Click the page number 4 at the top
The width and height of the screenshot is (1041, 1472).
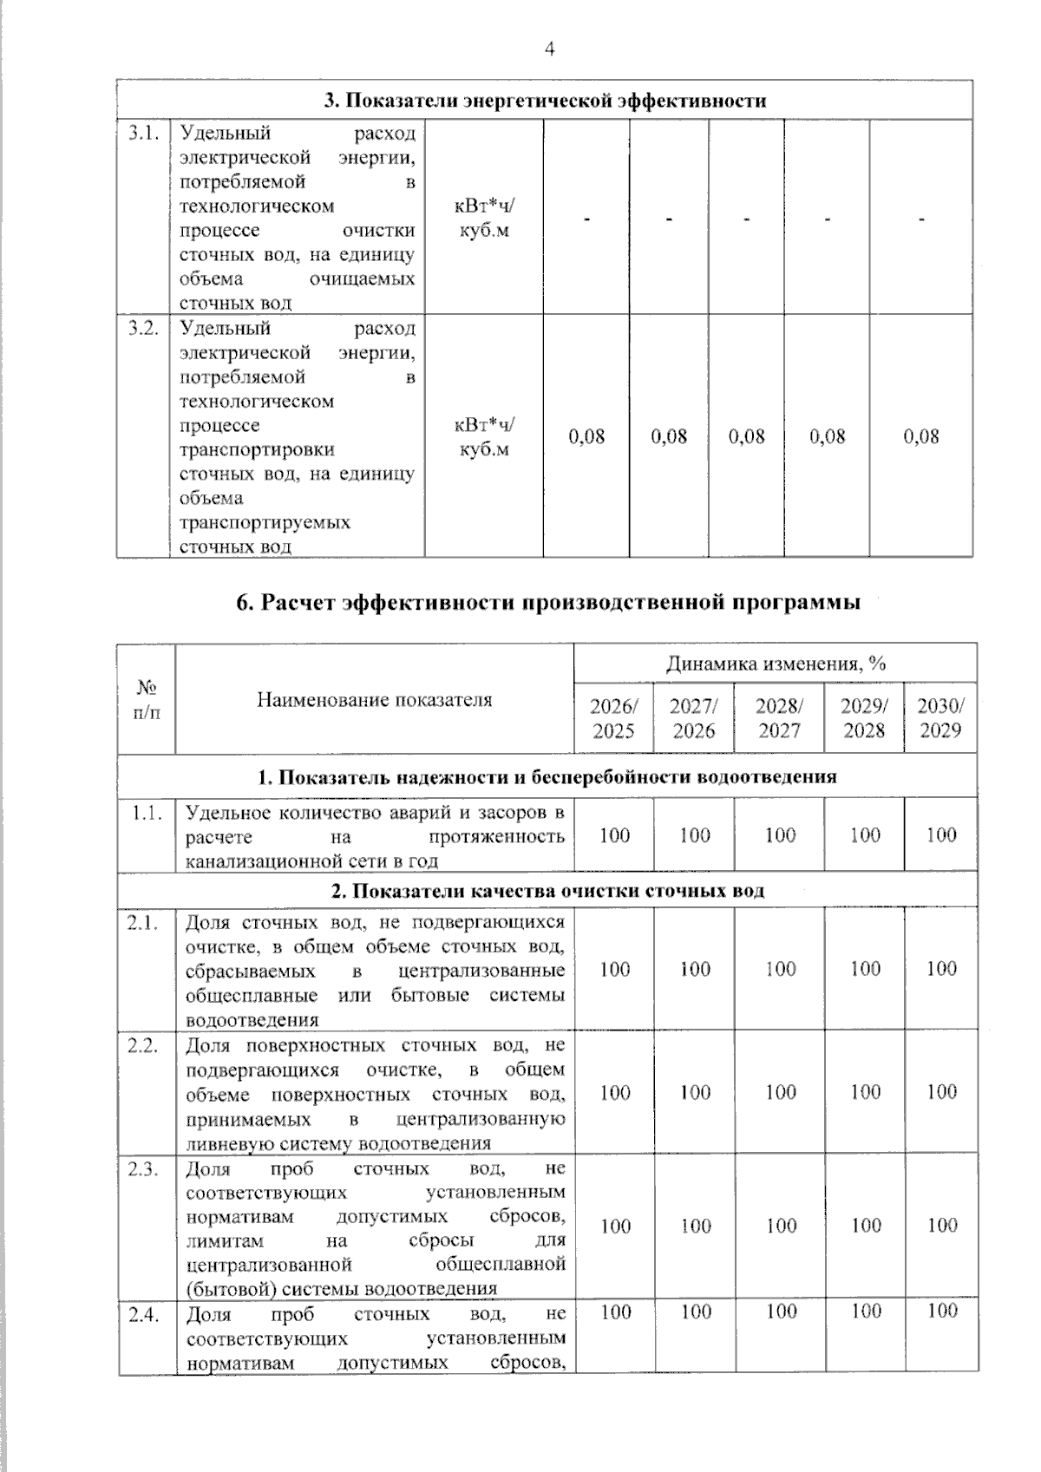coord(548,49)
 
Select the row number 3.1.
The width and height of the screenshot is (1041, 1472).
coord(143,133)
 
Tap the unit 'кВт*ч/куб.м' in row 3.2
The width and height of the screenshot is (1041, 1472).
coord(484,437)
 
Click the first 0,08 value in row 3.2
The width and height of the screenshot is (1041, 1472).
coord(586,436)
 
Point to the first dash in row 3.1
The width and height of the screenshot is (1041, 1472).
coord(586,219)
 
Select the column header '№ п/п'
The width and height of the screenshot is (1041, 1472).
coord(147,699)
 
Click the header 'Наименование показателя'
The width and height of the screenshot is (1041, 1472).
coord(374,699)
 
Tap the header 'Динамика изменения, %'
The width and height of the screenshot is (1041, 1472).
coord(776,664)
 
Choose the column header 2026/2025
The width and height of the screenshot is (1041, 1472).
coord(613,718)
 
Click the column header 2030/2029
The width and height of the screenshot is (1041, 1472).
coord(940,718)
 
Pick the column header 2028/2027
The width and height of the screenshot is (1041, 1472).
coord(779,718)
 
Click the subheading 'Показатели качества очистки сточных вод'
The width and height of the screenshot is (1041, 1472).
coord(548,891)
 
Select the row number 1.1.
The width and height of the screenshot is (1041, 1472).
coord(146,813)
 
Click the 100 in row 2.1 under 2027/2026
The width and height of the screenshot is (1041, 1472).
coord(695,969)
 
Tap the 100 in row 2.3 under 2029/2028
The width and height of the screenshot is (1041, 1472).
coord(865,1226)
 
